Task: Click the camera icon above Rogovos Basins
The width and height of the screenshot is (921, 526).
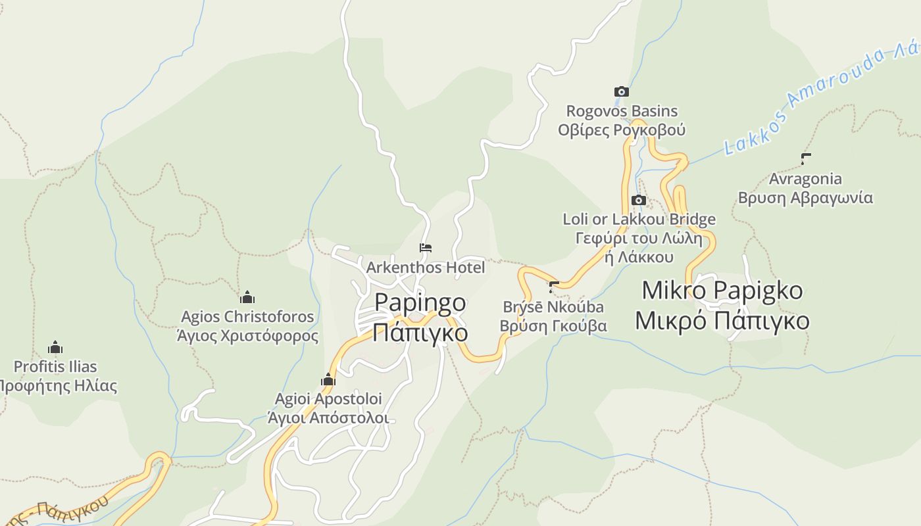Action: click(621, 91)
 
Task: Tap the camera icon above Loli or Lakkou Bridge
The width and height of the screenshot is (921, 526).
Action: click(638, 200)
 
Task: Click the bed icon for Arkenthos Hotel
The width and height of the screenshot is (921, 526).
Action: click(426, 248)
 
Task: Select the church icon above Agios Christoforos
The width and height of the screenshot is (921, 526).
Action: click(247, 297)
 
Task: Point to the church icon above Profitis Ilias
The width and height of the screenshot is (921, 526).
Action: click(55, 347)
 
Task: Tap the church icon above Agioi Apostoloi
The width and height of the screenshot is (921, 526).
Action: click(328, 379)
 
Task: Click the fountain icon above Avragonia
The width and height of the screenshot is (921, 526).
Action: click(805, 158)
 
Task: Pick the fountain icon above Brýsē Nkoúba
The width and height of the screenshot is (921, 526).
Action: click(553, 287)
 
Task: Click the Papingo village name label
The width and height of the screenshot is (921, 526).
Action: click(420, 302)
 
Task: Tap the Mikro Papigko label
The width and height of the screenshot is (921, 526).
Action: click(722, 290)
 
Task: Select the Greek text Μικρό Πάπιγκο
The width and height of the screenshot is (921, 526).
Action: click(722, 320)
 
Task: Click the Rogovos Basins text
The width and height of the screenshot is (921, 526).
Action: click(622, 111)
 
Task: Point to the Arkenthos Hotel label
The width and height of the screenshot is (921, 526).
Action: click(426, 268)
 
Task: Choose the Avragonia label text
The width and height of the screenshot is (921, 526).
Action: click(805, 179)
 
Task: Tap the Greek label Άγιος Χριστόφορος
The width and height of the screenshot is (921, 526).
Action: click(247, 336)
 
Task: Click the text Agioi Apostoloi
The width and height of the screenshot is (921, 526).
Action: click(328, 399)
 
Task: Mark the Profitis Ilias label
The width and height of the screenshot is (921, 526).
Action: click(55, 367)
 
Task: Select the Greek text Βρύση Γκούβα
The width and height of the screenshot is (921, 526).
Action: click(553, 325)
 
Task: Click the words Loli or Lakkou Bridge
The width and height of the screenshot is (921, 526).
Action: click(639, 219)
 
